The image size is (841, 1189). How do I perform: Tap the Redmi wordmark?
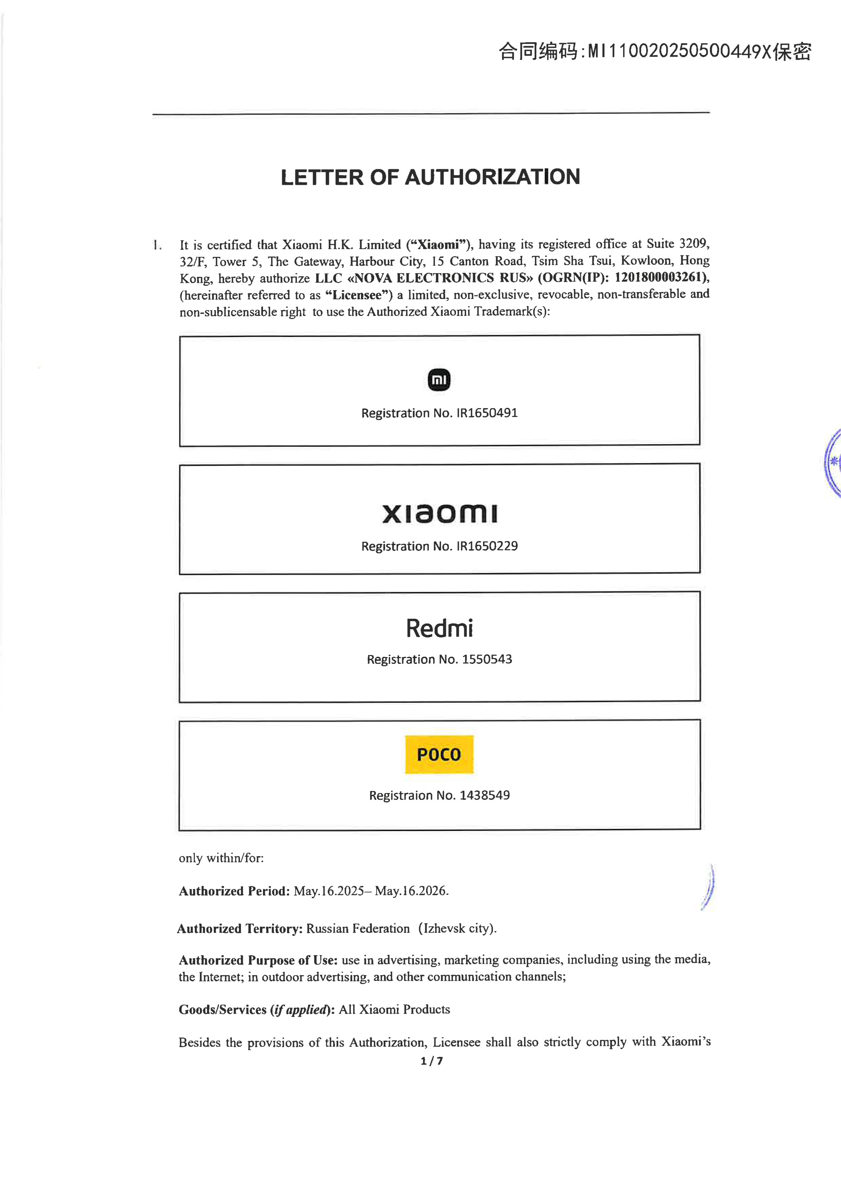point(439,628)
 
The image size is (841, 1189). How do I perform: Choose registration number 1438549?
point(485,795)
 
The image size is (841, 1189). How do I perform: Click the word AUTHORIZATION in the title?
point(492,177)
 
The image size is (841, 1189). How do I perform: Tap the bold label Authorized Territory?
point(240,929)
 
